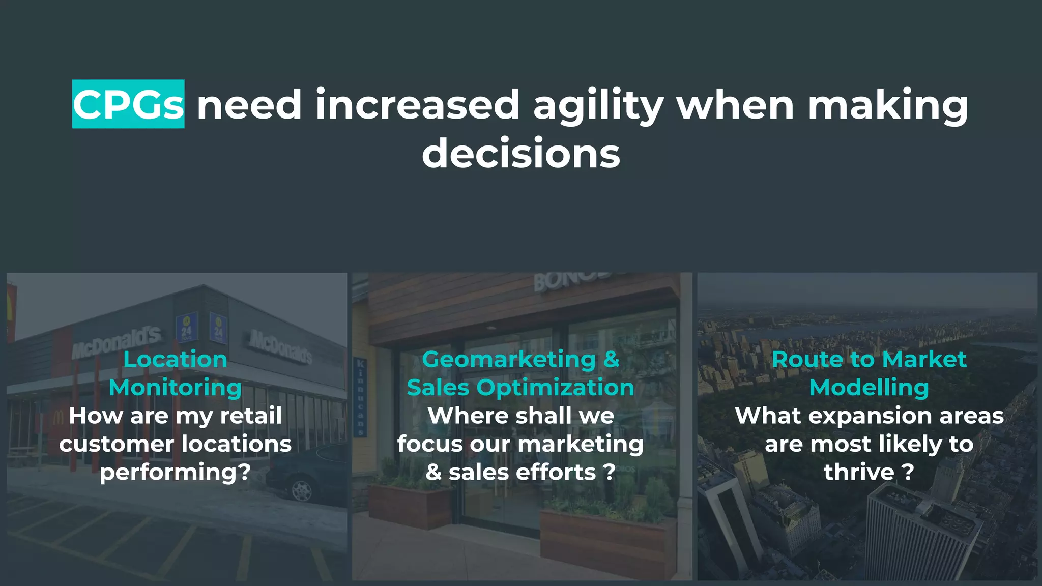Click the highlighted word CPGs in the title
[128, 104]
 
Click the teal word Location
[175, 360]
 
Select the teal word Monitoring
[175, 388]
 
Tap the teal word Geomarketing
[509, 360]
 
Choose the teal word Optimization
[556, 388]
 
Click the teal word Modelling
[869, 388]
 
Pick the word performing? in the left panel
[175, 473]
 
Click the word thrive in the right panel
[859, 473]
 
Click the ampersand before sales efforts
[433, 473]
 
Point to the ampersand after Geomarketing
[612, 360]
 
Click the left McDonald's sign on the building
[116, 342]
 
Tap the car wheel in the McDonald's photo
[302, 490]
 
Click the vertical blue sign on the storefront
[360, 397]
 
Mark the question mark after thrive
[908, 473]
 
